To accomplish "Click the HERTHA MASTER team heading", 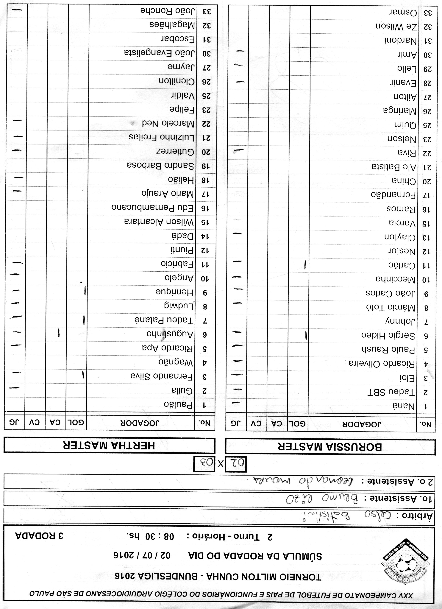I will coord(109,446).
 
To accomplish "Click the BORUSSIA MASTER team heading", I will coord(329,447).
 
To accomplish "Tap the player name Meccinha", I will coord(396,279).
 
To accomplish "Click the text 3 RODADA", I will coord(39,536).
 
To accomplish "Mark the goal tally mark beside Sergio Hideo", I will coord(306,335).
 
